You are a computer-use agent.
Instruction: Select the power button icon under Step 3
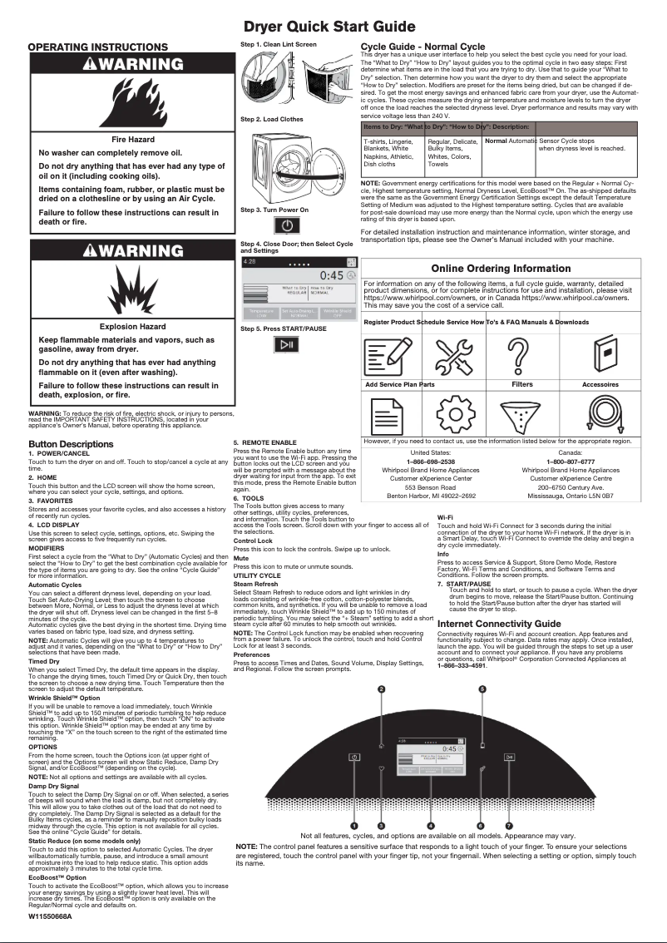pos(286,226)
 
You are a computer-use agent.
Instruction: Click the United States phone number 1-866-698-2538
pos(430,461)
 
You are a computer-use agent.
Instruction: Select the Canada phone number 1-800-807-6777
pos(570,461)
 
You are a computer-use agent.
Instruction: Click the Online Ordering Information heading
pos(501,269)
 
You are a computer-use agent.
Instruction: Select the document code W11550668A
pos(50,916)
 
